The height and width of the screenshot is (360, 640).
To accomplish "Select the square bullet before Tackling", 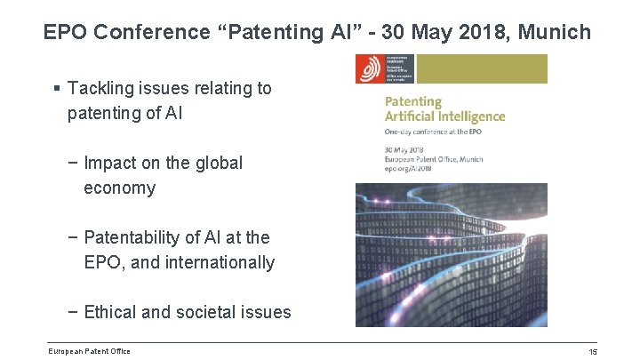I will [57, 89].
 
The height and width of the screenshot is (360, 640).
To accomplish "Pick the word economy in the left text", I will [119, 188].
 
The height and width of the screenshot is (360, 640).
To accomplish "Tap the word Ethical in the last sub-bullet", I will [114, 312].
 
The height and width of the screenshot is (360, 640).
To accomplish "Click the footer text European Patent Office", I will [90, 351].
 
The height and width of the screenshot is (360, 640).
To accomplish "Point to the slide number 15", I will [592, 352].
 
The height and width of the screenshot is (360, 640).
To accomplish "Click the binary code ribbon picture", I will [452, 254].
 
